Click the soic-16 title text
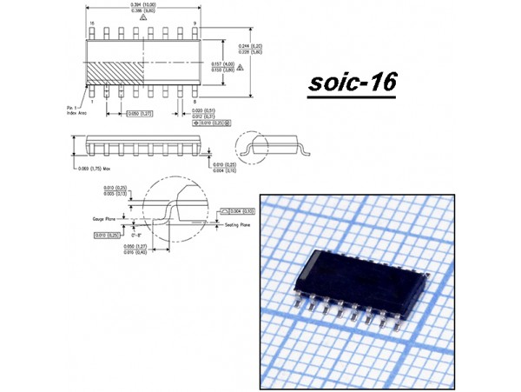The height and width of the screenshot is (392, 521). tap(352, 83)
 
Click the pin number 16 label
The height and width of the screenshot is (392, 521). tap(91, 23)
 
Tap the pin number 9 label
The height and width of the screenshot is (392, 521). tap(195, 23)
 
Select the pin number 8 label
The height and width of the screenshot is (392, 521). tap(195, 102)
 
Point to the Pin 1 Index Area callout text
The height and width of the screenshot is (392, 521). tap(76, 109)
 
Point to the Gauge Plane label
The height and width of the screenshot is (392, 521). tap(105, 220)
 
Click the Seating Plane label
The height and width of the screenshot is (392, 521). tap(238, 224)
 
